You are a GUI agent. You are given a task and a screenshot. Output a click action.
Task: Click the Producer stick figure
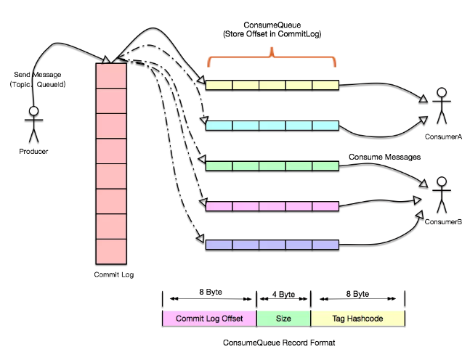click(x=32, y=124)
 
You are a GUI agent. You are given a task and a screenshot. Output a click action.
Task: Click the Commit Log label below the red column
click(x=114, y=274)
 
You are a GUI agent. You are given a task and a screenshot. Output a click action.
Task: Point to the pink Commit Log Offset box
click(x=208, y=318)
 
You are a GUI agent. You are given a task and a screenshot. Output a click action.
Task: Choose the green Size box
click(x=283, y=318)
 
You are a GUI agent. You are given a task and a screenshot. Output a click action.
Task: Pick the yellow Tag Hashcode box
click(x=357, y=318)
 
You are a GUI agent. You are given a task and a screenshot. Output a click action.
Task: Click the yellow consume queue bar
click(x=272, y=85)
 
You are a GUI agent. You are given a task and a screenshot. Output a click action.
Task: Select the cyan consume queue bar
click(x=272, y=126)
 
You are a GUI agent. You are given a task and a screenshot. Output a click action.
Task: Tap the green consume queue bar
click(x=272, y=166)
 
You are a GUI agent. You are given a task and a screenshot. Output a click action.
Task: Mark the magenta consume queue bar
click(x=272, y=206)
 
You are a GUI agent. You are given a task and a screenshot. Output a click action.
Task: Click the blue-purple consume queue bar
click(x=272, y=245)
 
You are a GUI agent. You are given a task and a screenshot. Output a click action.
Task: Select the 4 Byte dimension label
click(x=283, y=295)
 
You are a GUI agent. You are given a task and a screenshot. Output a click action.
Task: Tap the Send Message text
click(x=39, y=75)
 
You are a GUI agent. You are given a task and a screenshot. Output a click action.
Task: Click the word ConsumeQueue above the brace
click(x=272, y=24)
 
